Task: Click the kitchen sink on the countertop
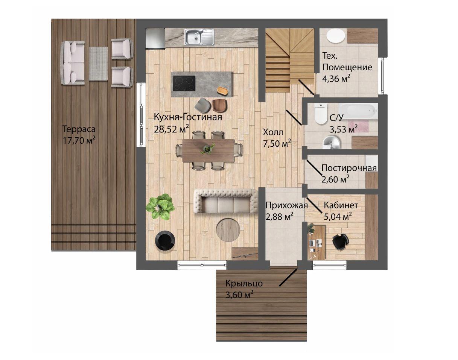click(x=199, y=37)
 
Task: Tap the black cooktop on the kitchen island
click(x=184, y=83)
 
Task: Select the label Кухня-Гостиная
click(x=188, y=117)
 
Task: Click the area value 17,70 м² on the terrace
click(x=79, y=140)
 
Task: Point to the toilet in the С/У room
click(x=321, y=114)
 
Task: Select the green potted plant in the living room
click(x=160, y=207)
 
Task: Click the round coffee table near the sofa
click(x=228, y=230)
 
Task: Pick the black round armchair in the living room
click(x=165, y=240)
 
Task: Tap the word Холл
click(x=273, y=132)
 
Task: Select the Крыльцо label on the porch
click(x=244, y=284)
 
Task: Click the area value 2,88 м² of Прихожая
click(x=280, y=217)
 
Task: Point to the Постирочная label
click(x=349, y=168)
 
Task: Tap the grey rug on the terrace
click(x=98, y=64)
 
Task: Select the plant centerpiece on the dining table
click(x=207, y=149)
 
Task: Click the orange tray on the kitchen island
click(x=222, y=90)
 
